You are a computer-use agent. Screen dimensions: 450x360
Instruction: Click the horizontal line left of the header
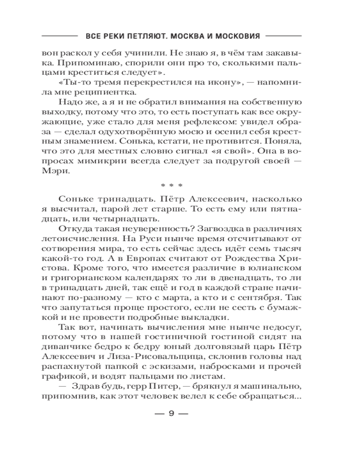(x=59, y=36)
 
